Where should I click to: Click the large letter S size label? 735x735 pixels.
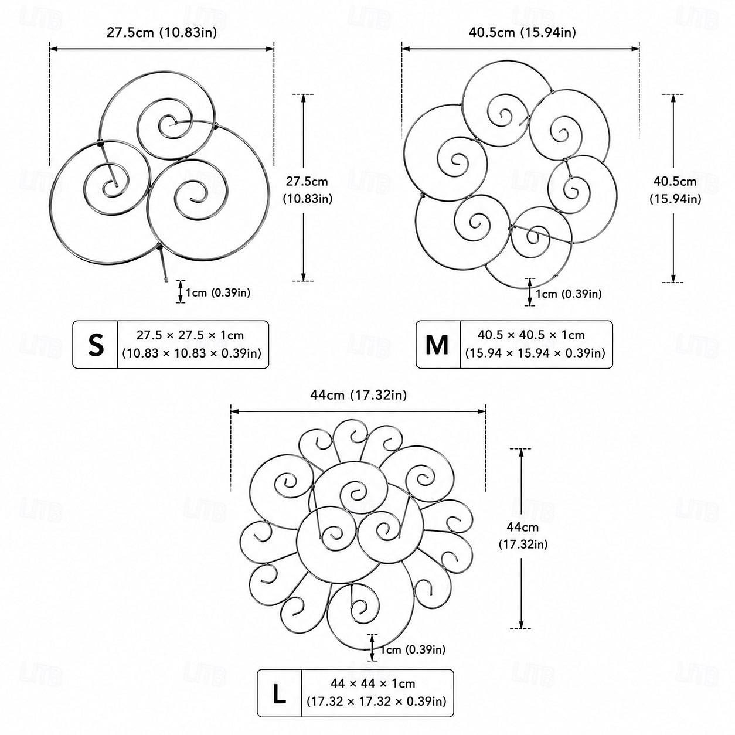(96, 345)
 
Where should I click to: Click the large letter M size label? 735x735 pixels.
(437, 345)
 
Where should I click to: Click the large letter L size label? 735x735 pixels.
(279, 694)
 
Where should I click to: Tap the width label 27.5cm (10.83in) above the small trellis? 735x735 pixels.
(162, 32)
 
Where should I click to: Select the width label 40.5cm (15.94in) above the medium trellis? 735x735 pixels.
(522, 32)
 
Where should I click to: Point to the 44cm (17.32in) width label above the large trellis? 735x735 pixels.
(358, 395)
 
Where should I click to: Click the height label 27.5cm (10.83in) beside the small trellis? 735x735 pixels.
(308, 190)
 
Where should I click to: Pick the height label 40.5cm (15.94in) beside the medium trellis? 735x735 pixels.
(675, 190)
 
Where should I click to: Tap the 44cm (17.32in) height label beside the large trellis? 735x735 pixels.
(523, 536)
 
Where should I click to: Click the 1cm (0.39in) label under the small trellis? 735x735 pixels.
(218, 292)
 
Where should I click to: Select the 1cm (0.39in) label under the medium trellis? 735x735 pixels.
(569, 294)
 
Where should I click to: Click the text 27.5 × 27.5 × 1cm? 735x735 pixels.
(190, 335)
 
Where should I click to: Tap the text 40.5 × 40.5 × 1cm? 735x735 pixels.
(531, 335)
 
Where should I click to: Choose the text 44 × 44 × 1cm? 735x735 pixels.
(373, 683)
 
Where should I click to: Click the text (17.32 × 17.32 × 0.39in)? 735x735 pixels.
(376, 701)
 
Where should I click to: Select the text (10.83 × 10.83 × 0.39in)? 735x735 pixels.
(192, 353)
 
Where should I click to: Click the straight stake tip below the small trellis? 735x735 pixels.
(166, 280)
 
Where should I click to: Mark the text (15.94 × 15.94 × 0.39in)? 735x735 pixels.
(535, 353)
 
